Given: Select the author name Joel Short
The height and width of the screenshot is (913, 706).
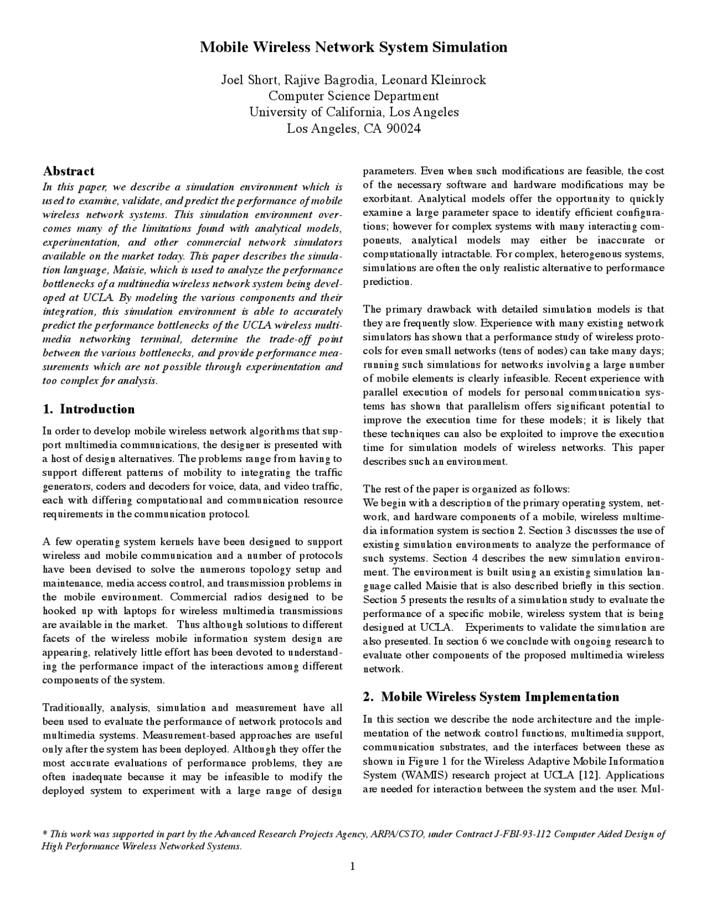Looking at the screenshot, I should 245,80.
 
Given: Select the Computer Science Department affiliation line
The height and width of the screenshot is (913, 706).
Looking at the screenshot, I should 354,96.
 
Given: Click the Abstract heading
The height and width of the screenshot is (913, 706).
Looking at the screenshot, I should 68,171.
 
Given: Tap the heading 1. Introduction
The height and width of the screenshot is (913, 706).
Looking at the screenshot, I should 89,409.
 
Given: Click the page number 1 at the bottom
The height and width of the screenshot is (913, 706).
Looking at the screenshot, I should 352,866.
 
